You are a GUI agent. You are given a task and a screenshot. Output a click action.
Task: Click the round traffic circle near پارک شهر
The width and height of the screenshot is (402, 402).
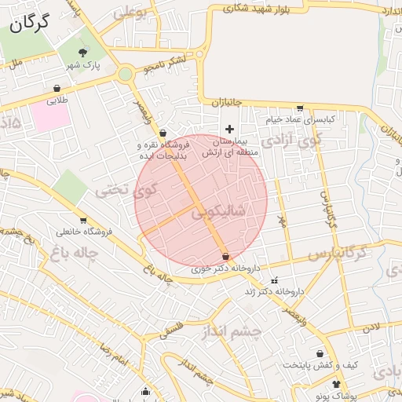[124, 75]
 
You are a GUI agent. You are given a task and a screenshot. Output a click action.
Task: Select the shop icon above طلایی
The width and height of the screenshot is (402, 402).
[57, 89]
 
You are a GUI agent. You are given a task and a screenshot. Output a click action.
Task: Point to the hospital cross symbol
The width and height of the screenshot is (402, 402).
[229, 129]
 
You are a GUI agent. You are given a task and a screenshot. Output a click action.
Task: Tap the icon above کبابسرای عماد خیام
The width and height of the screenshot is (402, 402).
[299, 108]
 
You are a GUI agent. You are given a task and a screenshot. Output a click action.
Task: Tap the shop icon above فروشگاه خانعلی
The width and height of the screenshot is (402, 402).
[82, 221]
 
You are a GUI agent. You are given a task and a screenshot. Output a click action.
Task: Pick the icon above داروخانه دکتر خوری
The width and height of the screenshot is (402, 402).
[226, 257]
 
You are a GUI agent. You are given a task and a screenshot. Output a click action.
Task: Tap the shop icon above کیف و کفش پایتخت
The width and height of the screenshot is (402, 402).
[320, 353]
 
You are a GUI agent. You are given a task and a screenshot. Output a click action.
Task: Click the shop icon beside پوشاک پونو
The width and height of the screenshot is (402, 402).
[336, 384]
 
